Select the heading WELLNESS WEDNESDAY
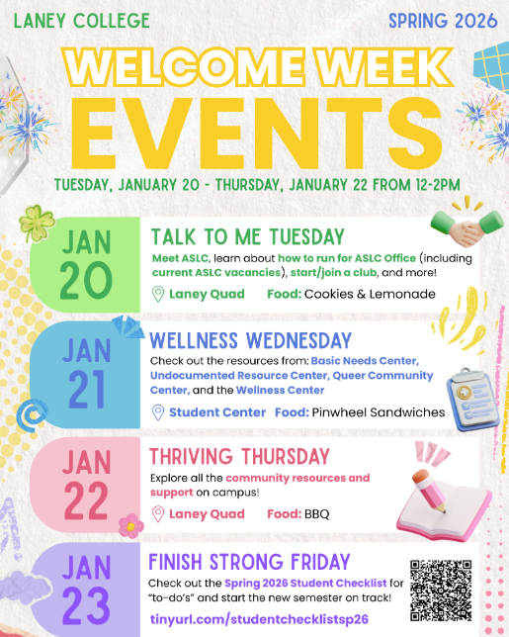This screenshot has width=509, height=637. point(248,341)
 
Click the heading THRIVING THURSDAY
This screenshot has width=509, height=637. point(239,456)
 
